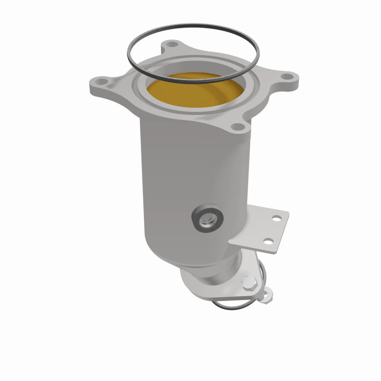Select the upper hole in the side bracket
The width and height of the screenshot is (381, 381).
click(x=276, y=219)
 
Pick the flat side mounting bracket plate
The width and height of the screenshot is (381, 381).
click(x=260, y=231)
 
